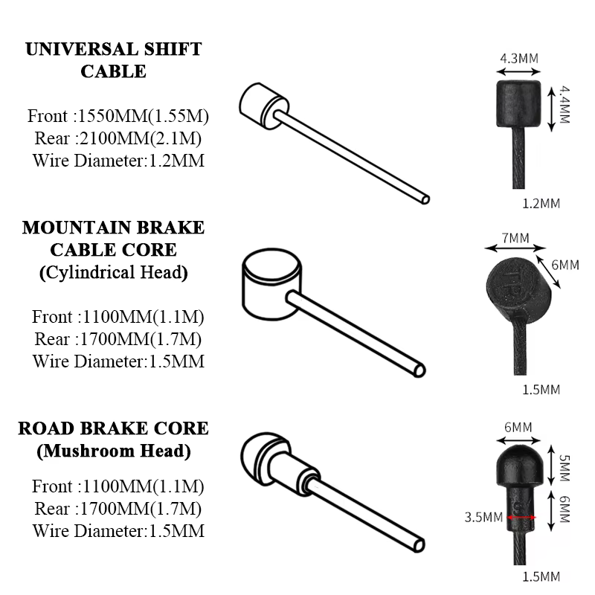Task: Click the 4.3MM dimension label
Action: (x=518, y=59)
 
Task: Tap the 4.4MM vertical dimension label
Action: (x=565, y=105)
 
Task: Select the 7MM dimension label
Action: (x=515, y=238)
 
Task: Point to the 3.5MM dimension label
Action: (x=483, y=517)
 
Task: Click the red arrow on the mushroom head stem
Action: (x=522, y=517)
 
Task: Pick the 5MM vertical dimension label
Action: (x=565, y=468)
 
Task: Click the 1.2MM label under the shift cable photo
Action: (x=541, y=203)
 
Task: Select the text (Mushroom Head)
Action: (x=114, y=451)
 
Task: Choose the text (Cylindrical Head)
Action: (x=114, y=272)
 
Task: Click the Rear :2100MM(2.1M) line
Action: (x=118, y=138)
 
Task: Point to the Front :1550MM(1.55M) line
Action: (x=118, y=116)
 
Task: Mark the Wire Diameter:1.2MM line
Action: (x=118, y=161)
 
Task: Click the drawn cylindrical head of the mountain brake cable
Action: (x=271, y=285)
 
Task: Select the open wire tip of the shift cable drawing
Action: (x=425, y=199)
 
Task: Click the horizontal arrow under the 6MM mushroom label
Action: (x=518, y=440)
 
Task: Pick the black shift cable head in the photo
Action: (x=518, y=103)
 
